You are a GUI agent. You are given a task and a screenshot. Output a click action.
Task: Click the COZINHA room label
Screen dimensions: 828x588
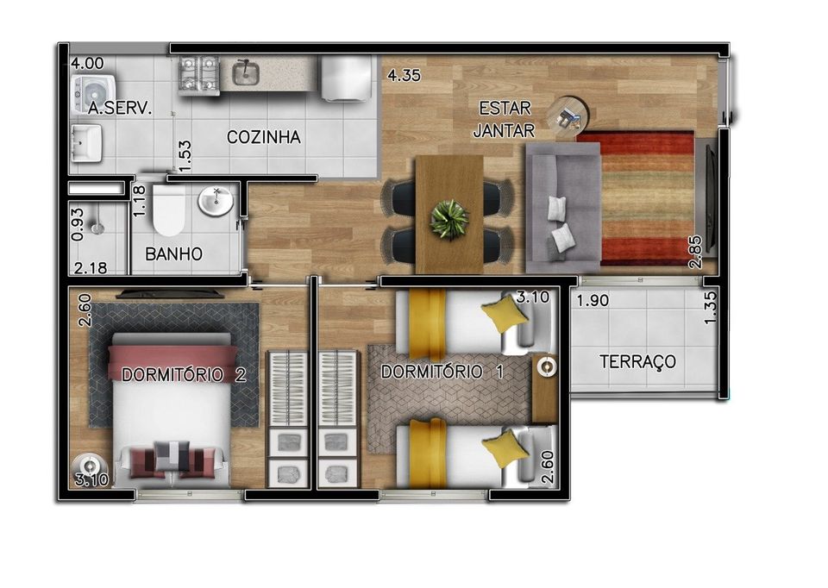pyautogui.click(x=264, y=137)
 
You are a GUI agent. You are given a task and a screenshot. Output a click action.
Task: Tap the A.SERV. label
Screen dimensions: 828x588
pyautogui.click(x=120, y=109)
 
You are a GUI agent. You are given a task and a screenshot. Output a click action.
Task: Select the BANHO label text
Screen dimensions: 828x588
pyautogui.click(x=173, y=253)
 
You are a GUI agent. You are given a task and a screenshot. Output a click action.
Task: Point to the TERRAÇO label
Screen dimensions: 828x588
pyautogui.click(x=637, y=361)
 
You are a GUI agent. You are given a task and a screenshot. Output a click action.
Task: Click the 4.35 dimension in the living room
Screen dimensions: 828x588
pyautogui.click(x=404, y=75)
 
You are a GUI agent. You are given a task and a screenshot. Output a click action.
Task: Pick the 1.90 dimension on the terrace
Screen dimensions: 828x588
pyautogui.click(x=593, y=300)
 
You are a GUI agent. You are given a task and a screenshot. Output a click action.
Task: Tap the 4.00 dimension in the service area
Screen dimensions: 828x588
pyautogui.click(x=88, y=63)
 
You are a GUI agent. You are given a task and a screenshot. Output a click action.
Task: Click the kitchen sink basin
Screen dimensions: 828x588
pyautogui.click(x=246, y=72)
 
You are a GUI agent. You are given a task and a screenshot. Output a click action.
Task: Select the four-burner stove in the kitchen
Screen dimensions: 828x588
pyautogui.click(x=198, y=75)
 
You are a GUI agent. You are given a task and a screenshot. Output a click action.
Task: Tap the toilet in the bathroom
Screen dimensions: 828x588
pyautogui.click(x=168, y=209)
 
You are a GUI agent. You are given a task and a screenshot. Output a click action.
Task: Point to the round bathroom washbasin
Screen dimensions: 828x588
pyautogui.click(x=216, y=201)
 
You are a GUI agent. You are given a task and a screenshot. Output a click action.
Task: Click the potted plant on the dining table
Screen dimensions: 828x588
pyautogui.click(x=448, y=219)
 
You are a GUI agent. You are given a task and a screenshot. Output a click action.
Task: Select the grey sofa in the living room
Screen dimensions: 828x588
pyautogui.click(x=563, y=208)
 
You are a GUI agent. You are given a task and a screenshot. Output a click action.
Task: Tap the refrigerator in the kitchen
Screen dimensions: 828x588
pyautogui.click(x=347, y=78)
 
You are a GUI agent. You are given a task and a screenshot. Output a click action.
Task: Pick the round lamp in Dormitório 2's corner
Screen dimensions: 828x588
pyautogui.click(x=90, y=467)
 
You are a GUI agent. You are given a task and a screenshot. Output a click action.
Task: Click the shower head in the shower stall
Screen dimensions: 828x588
pyautogui.click(x=97, y=228)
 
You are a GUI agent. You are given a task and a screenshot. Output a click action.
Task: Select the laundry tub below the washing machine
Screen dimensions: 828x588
pyautogui.click(x=86, y=143)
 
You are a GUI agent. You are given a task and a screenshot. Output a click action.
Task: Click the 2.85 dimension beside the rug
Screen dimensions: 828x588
pyautogui.click(x=696, y=252)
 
